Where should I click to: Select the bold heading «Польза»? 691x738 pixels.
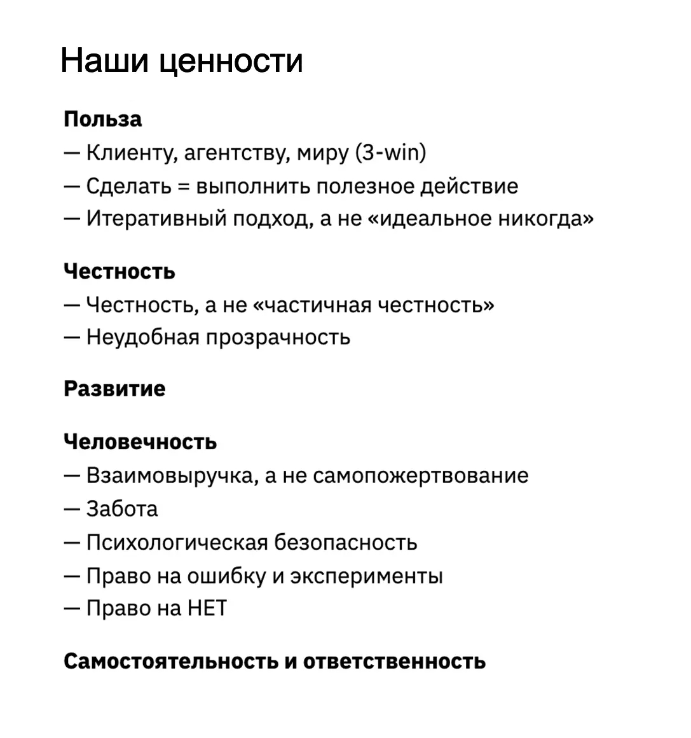point(103,120)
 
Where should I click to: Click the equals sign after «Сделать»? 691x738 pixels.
point(184,186)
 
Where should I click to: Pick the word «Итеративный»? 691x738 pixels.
point(156,219)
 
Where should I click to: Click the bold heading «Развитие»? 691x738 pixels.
point(114,389)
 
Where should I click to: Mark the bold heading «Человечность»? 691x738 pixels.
point(140,442)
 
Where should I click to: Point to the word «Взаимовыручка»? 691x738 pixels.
point(171,476)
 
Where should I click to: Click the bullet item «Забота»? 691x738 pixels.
point(121,509)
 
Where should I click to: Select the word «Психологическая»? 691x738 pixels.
point(176,543)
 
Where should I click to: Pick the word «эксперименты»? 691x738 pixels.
point(366,576)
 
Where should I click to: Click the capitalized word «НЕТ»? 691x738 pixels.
point(207,609)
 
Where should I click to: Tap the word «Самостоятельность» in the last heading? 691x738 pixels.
point(172,661)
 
